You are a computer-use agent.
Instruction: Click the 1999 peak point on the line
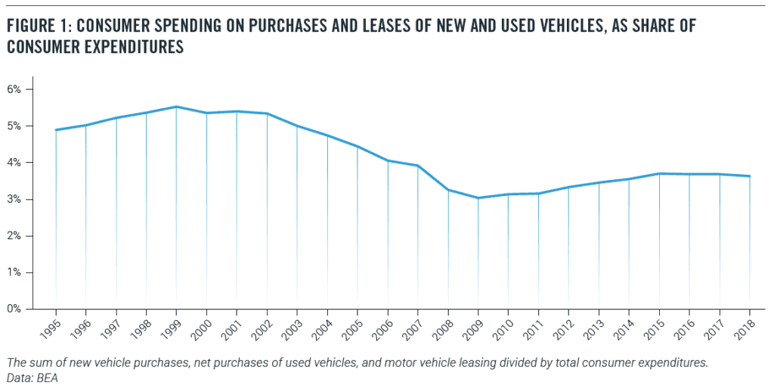(176, 107)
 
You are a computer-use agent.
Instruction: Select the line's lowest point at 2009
(478, 198)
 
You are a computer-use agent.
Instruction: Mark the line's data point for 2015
(659, 173)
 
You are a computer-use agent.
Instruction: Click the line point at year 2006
(388, 160)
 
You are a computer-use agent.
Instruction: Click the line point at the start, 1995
(56, 129)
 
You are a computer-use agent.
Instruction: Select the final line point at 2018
(749, 176)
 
